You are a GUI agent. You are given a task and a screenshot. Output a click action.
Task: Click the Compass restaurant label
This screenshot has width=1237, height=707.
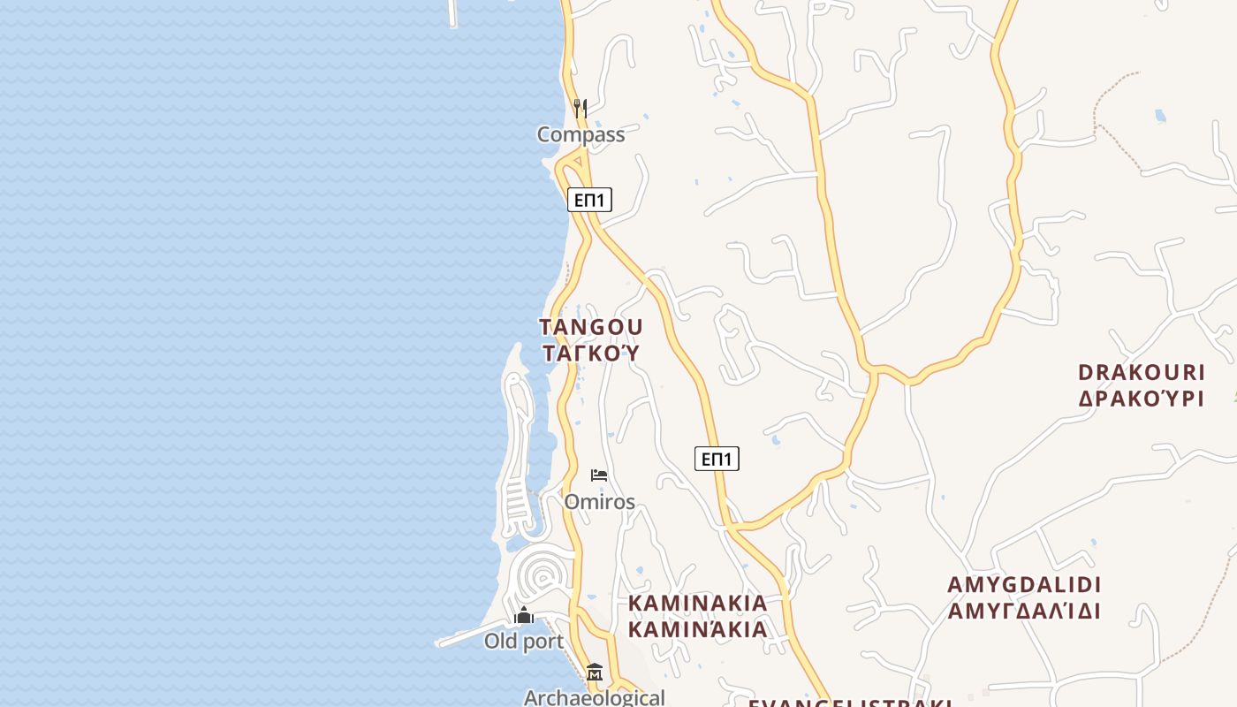click(581, 134)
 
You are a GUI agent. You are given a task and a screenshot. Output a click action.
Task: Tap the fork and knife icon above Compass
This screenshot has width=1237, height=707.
click(581, 109)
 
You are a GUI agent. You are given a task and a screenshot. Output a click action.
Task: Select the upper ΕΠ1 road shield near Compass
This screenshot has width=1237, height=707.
click(589, 200)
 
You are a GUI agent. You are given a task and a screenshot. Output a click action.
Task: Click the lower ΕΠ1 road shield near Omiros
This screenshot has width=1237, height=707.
click(717, 459)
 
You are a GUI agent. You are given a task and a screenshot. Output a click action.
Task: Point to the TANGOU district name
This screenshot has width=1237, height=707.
click(591, 327)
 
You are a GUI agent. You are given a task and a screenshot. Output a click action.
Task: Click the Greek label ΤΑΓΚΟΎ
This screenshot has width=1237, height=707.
click(591, 353)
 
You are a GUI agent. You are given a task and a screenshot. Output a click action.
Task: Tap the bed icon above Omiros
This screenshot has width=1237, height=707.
click(599, 475)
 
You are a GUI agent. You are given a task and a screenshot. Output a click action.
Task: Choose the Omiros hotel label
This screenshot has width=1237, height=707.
click(599, 502)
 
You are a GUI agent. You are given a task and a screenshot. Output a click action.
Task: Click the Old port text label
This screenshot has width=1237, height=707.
click(524, 641)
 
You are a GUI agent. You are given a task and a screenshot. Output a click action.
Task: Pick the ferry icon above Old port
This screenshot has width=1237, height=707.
click(524, 615)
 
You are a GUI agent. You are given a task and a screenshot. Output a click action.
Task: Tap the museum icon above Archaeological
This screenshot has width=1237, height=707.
click(594, 673)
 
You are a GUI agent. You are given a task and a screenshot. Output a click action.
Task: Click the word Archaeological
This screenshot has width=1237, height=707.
click(594, 697)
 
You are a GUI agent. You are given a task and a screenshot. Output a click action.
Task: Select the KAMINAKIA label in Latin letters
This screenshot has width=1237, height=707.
click(698, 603)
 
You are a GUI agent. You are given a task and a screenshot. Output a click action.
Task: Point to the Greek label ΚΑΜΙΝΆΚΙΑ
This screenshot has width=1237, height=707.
click(698, 629)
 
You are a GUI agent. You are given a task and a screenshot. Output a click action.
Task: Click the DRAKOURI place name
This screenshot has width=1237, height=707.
click(1142, 372)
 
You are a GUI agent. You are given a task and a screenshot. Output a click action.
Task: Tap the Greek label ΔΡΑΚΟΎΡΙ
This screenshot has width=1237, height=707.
click(1142, 399)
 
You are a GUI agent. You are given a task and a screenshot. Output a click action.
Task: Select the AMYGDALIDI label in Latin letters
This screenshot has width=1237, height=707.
click(1024, 585)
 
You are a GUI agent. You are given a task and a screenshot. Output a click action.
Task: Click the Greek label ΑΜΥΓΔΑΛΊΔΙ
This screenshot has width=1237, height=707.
click(1024, 611)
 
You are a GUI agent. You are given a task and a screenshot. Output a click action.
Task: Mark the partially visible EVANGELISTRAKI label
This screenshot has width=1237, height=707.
click(850, 703)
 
